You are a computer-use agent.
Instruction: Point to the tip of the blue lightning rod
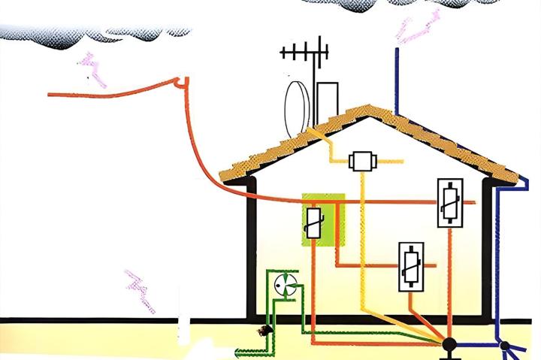[x=396, y=51]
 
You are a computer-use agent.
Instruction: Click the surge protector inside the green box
[x=315, y=222]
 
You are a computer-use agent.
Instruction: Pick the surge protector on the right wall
[x=449, y=202]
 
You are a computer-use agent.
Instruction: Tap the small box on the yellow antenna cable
[x=362, y=161]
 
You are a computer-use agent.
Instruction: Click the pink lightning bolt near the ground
[x=141, y=289]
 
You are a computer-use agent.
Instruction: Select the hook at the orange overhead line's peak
[x=181, y=81]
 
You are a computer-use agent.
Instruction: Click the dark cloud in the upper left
[x=90, y=35]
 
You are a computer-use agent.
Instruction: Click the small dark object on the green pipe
[x=263, y=332]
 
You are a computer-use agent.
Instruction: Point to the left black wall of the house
[x=251, y=248]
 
